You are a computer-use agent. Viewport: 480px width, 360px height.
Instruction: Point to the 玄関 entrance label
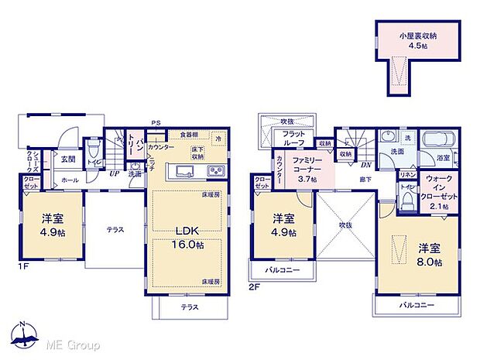pyautogui.click(x=68, y=159)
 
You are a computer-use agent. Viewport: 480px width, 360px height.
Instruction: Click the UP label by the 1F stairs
pyautogui.click(x=114, y=173)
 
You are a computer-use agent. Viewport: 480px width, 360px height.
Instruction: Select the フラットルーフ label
pyautogui.click(x=293, y=138)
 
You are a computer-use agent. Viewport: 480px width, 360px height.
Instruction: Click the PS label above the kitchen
pyautogui.click(x=156, y=122)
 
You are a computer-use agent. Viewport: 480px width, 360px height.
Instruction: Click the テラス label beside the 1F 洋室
pyautogui.click(x=114, y=230)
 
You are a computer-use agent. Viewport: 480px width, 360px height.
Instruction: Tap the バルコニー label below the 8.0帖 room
pyautogui.click(x=417, y=306)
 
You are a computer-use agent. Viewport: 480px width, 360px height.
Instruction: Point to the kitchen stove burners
pyautogui.click(x=214, y=171)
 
